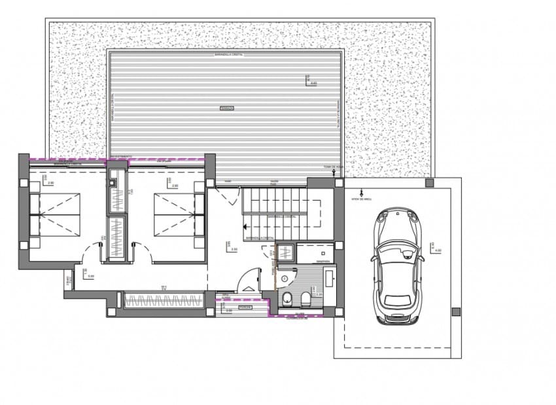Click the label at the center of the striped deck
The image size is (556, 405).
pos(226,107)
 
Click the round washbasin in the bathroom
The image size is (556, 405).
pos(284,279)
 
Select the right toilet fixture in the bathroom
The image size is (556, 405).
pos(305,300)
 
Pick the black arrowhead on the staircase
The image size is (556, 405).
pos(245,227)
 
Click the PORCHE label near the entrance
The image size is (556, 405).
pos(245,306)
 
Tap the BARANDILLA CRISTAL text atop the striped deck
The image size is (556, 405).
pos(226,56)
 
